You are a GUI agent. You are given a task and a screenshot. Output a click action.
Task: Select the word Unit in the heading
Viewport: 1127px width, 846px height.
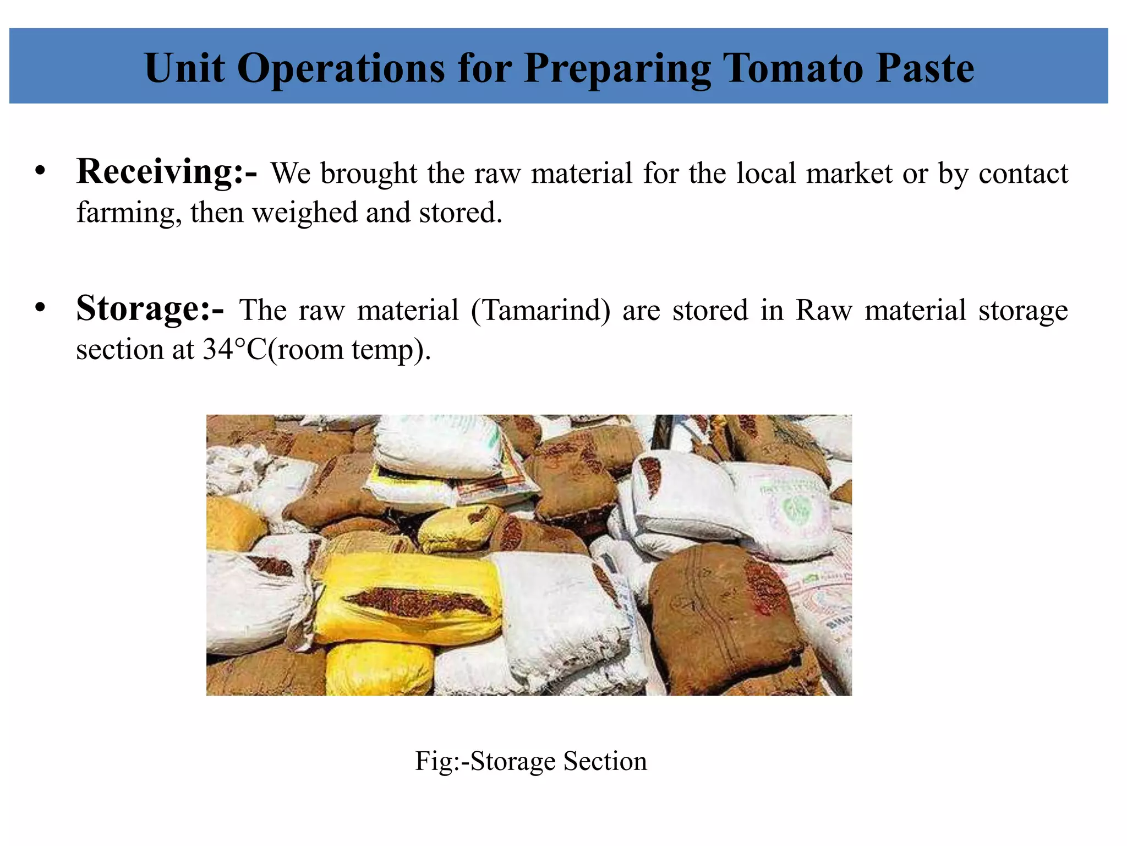184,68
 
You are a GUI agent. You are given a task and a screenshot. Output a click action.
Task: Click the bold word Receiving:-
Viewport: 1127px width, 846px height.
166,172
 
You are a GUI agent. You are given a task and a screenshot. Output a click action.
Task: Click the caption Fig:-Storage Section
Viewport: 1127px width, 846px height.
531,761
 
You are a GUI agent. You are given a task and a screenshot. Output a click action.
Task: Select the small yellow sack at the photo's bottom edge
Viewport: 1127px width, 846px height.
380,669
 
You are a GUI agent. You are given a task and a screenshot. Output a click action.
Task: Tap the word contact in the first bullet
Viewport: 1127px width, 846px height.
1024,173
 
